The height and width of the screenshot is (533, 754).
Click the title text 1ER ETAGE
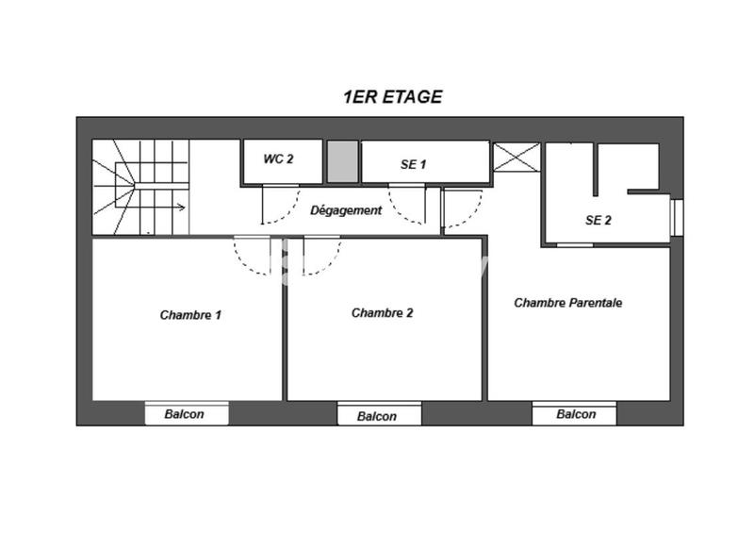coord(392,96)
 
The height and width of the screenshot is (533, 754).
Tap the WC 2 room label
coord(278,159)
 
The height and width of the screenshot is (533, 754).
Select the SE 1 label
coord(414,164)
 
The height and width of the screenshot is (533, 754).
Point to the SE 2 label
coord(598,221)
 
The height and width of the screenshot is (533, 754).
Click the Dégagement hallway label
coord(346,210)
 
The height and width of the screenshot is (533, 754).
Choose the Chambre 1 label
coord(190,315)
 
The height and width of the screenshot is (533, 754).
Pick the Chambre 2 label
coord(382,313)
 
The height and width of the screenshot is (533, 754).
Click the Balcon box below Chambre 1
coord(187,414)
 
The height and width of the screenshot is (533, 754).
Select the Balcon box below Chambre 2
coord(377,416)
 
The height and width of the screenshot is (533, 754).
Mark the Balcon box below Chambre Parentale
coord(574,414)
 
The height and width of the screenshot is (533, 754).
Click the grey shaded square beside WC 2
coord(342,162)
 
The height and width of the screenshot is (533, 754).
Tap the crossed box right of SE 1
coord(517,157)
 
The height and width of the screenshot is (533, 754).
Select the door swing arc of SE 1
coord(407,209)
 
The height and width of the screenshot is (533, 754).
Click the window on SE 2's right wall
coord(676,215)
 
